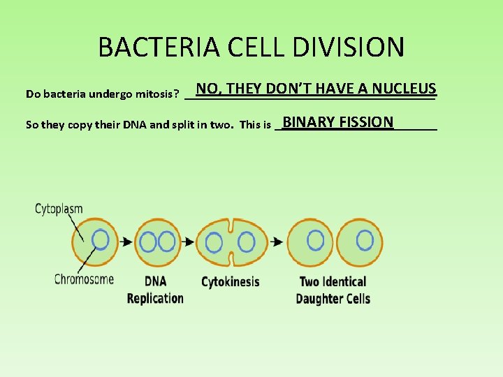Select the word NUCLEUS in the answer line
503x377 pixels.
click(x=404, y=89)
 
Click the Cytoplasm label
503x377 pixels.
click(x=59, y=208)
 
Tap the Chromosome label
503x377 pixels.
click(x=84, y=279)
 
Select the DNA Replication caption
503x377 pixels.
click(x=155, y=290)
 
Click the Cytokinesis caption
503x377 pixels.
click(x=230, y=282)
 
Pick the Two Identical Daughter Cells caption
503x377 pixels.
click(x=333, y=290)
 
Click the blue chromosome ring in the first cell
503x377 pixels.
click(x=101, y=240)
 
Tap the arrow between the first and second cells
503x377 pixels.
click(x=126, y=242)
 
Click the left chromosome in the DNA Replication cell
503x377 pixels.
click(x=148, y=242)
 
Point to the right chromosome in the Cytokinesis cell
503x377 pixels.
click(x=246, y=242)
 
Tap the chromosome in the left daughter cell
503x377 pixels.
click(x=316, y=240)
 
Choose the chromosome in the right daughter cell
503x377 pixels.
click(x=365, y=240)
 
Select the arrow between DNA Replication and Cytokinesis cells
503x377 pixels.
click(x=188, y=242)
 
